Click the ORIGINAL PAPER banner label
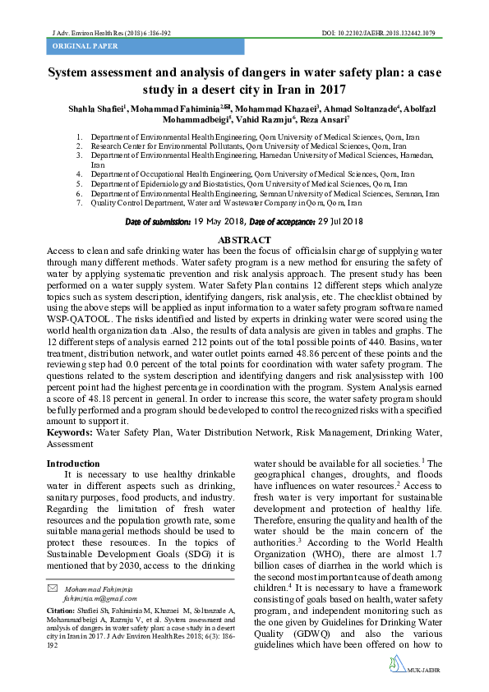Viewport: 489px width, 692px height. (81, 48)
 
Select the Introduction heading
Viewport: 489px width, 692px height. (74, 464)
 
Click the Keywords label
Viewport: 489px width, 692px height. (69, 431)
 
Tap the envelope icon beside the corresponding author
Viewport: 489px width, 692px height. (53, 588)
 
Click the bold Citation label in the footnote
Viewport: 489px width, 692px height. (62, 612)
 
